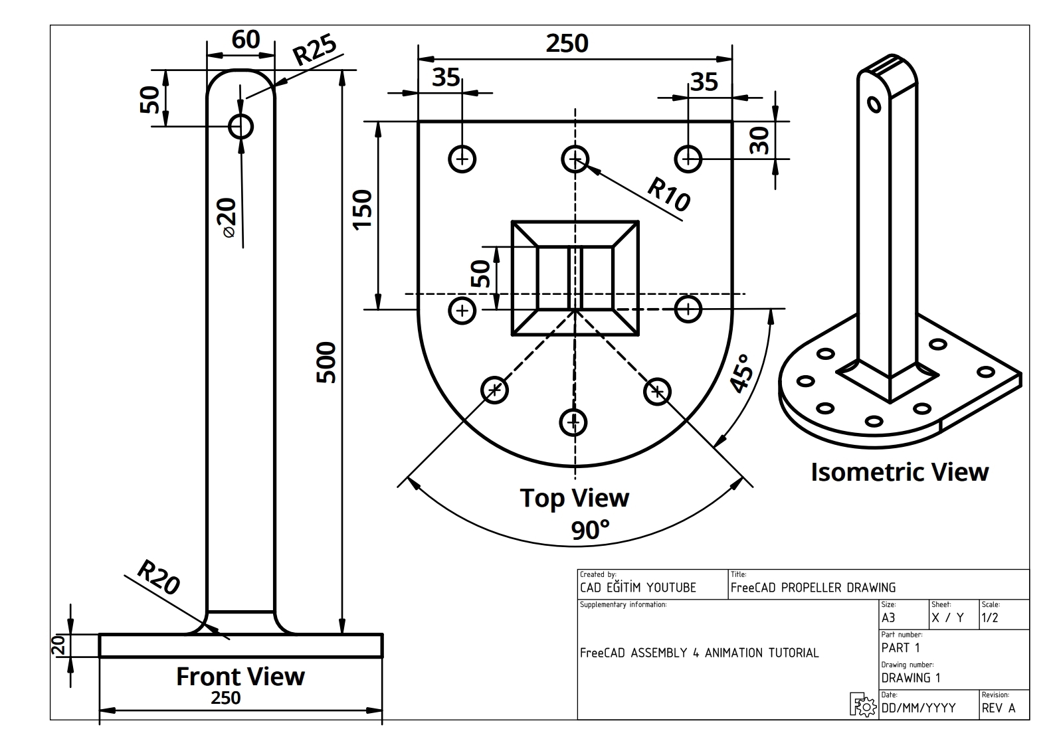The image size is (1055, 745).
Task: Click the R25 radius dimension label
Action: click(x=316, y=50)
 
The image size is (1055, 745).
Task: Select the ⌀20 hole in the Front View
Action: click(x=240, y=125)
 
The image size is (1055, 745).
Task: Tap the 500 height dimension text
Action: click(x=326, y=363)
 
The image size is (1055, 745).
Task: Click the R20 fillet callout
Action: click(x=158, y=577)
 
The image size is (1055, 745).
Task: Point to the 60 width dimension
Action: click(x=245, y=40)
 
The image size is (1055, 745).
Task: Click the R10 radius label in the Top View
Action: click(x=668, y=195)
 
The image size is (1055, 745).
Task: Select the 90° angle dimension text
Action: click(x=590, y=530)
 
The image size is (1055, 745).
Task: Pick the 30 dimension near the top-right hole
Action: click(x=759, y=141)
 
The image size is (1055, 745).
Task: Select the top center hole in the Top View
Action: click(x=575, y=159)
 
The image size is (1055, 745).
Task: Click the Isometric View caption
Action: click(x=899, y=472)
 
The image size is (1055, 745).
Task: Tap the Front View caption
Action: click(x=240, y=676)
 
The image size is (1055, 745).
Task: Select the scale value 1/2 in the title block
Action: click(x=990, y=618)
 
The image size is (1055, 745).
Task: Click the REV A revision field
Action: click(x=999, y=708)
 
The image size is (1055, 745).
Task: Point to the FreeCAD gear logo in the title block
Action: click(x=863, y=704)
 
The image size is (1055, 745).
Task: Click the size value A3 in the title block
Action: click(x=888, y=618)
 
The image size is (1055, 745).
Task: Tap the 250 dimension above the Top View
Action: click(x=567, y=44)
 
